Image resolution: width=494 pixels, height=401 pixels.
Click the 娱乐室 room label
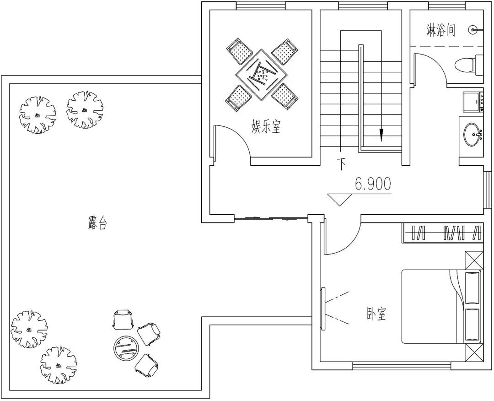[266, 127]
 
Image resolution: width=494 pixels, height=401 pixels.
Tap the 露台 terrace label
[97, 223]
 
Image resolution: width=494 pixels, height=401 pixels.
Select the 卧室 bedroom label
[376, 314]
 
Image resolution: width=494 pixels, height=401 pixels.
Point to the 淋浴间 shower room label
[440, 31]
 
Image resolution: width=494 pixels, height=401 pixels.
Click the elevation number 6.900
[373, 184]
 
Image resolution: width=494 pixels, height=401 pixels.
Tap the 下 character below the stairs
[342, 164]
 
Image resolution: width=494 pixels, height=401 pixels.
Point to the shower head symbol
[473, 30]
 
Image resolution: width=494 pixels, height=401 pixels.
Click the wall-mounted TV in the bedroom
[323, 309]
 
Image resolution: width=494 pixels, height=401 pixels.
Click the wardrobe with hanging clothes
[442, 233]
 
